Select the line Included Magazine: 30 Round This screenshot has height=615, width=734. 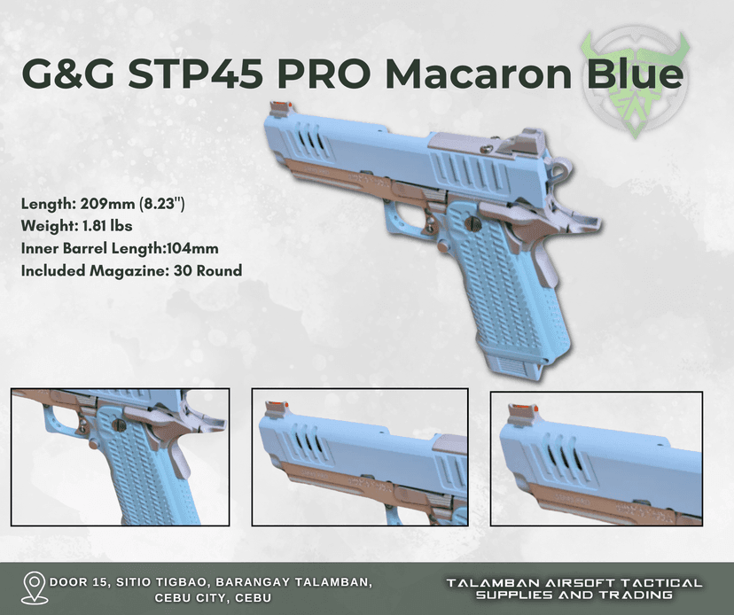(131, 270)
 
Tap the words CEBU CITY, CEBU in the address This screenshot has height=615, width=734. (213, 597)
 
